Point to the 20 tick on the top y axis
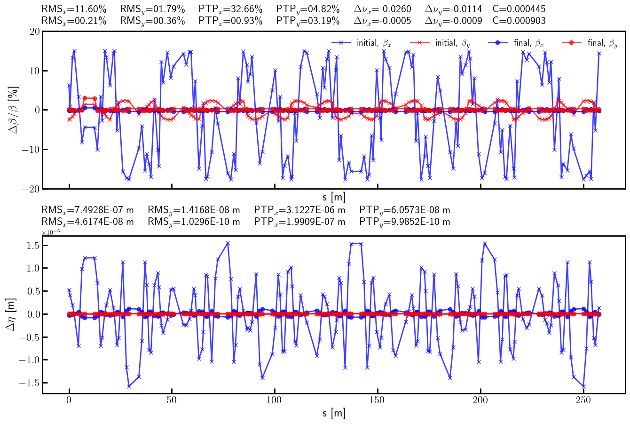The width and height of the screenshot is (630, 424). pyautogui.click(x=33, y=32)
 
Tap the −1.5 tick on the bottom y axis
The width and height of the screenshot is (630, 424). pyautogui.click(x=29, y=383)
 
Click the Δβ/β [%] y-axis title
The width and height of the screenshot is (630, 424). pyautogui.click(x=15, y=110)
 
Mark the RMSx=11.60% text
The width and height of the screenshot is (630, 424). pyautogui.click(x=74, y=9)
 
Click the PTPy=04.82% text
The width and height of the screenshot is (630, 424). pyautogui.click(x=307, y=9)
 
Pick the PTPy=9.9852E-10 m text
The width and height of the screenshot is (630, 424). pyautogui.click(x=404, y=221)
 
